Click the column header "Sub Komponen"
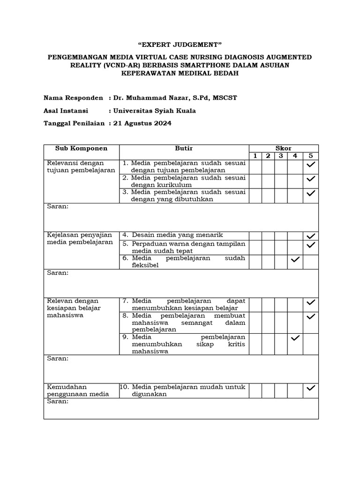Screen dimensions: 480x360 81,148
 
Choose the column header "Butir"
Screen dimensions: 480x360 184,148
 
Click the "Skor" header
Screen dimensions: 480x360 283,148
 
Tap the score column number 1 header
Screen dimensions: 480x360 255,156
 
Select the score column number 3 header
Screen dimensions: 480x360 281,156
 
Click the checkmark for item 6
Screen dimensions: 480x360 295,260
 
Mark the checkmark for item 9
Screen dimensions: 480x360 295,338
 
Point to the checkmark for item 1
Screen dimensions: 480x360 310,165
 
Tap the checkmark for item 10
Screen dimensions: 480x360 310,388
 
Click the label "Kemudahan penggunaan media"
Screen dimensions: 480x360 78,390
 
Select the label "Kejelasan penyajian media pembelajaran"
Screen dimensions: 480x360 80,239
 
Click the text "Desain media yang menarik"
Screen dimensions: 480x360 177,235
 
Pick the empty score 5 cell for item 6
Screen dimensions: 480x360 310,262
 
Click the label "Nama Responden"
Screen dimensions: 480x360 73,98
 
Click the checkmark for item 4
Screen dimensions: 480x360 310,236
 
